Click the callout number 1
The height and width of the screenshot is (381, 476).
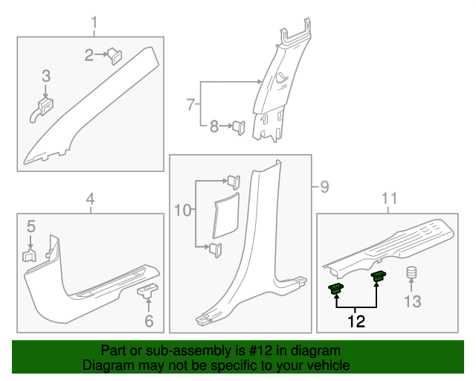94,23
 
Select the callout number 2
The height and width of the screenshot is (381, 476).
89,54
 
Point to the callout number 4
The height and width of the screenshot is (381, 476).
90,199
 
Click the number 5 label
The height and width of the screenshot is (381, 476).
30,225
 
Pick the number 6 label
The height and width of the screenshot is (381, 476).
149,321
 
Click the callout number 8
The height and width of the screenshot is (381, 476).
214,127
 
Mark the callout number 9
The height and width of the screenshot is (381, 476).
324,186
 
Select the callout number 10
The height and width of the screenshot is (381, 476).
182,211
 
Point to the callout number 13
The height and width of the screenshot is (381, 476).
412,301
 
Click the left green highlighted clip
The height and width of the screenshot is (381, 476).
336,287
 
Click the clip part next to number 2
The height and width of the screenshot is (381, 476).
115,55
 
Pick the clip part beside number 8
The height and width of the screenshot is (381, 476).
239,127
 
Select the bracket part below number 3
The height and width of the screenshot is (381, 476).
43,109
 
